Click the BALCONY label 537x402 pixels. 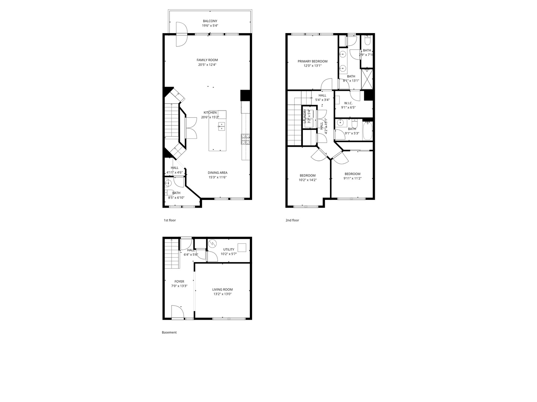(x=210, y=21)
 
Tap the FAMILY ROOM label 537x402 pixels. (x=207, y=60)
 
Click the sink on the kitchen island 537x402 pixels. (x=221, y=127)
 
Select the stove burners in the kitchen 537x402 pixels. (x=245, y=139)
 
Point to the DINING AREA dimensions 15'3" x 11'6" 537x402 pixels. (x=217, y=177)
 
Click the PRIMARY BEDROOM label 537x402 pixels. (x=313, y=61)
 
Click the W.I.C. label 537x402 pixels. (x=348, y=103)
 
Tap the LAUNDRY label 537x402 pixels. (x=305, y=116)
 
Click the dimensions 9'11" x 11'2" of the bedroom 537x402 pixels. (x=352, y=178)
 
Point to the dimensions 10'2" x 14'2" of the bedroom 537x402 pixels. (x=308, y=180)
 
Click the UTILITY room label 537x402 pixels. (x=229, y=249)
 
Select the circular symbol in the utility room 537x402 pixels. (x=213, y=244)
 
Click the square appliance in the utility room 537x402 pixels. (x=242, y=248)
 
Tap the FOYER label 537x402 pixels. (x=179, y=281)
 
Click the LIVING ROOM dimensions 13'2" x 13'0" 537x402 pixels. (x=222, y=294)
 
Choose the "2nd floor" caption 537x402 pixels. (x=292, y=220)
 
